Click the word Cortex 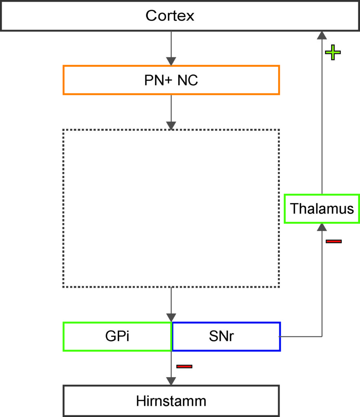click(170, 16)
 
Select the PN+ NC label click(171, 80)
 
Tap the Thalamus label click(322, 208)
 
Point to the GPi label click(117, 336)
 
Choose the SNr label click(221, 336)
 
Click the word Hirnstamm click(171, 401)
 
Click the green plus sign click(333, 53)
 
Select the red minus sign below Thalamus click(333, 241)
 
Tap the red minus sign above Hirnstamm click(184, 367)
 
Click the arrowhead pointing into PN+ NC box click(171, 61)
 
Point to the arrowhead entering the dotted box click(171, 125)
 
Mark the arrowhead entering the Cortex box click(322, 35)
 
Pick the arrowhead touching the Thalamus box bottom click(322, 227)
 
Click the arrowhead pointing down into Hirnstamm click(171, 381)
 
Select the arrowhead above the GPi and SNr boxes click(171, 318)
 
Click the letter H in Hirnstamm click(141, 401)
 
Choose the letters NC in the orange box click(188, 80)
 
